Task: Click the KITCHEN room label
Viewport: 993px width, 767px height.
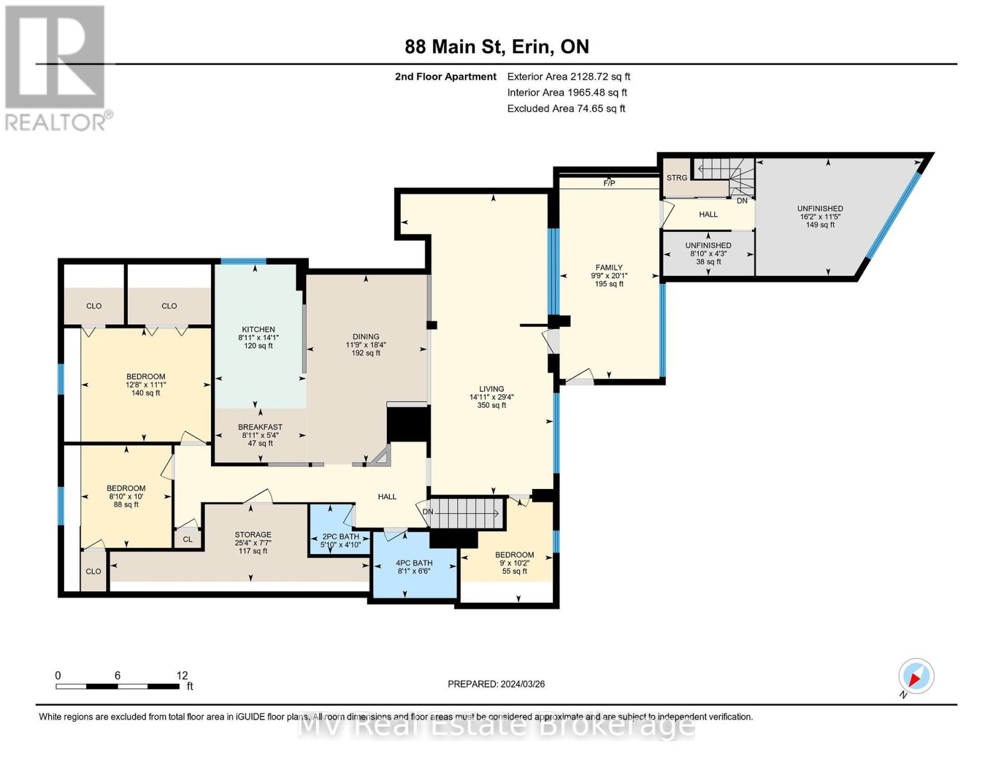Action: (258, 329)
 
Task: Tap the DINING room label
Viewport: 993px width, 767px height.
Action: (366, 336)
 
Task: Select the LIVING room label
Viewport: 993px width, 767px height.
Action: (491, 389)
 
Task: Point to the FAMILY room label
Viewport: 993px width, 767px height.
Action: (609, 267)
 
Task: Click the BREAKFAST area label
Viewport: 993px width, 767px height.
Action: (260, 427)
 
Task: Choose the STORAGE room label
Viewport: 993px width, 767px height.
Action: (253, 534)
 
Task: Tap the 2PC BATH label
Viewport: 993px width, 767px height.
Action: (340, 536)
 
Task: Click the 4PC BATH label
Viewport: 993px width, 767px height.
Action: (414, 563)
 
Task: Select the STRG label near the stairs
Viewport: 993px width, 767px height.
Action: (676, 178)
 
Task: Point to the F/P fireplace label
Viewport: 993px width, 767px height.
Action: (609, 183)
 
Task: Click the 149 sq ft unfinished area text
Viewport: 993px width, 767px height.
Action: (820, 225)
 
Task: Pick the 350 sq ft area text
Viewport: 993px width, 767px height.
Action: (491, 405)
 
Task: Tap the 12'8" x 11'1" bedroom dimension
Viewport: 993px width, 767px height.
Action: (146, 385)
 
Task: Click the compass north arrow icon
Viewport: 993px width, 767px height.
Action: (916, 676)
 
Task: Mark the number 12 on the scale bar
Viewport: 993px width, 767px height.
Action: (182, 675)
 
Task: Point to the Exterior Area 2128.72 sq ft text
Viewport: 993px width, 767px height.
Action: (569, 77)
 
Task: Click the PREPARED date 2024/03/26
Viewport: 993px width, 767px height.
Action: (523, 684)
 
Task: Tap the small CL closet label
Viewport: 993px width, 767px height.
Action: (187, 539)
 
